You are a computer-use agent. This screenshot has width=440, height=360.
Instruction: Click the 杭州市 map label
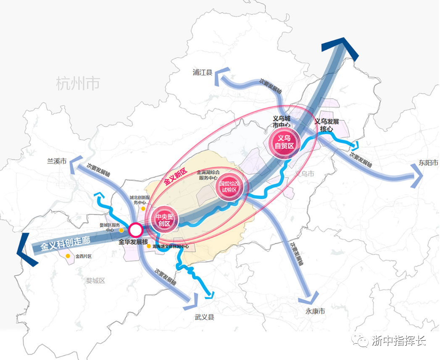pyautogui.click(x=78, y=84)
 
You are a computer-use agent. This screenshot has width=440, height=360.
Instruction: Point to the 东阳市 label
pyautogui.click(x=426, y=163)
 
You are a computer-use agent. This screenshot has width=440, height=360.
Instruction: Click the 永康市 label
pyautogui.click(x=316, y=312)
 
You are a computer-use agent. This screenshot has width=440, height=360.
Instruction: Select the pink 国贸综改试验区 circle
pyautogui.click(x=229, y=187)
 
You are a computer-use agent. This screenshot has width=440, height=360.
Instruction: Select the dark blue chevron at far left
pyautogui.click(x=23, y=250)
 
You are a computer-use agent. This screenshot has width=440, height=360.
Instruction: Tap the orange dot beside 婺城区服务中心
pyautogui.click(x=121, y=230)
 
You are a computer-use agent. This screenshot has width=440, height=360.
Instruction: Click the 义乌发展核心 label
pyautogui.click(x=327, y=125)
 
